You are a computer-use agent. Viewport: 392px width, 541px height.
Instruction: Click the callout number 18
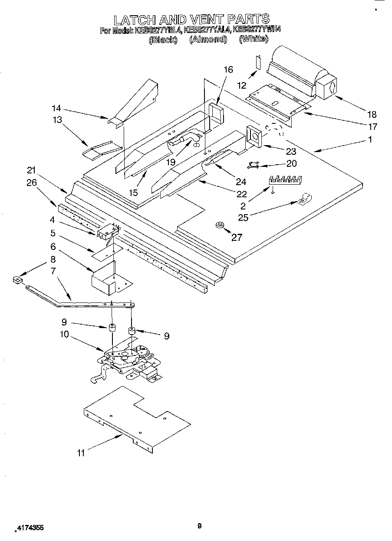(x=371, y=114)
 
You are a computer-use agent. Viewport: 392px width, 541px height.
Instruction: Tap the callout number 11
(x=81, y=453)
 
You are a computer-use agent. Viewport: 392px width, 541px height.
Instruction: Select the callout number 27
(x=237, y=237)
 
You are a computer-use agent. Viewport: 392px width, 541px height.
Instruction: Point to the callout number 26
(x=31, y=183)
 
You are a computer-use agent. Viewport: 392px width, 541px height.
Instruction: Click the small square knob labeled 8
(x=17, y=280)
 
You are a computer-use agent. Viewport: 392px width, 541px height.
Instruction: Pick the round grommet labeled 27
(x=219, y=225)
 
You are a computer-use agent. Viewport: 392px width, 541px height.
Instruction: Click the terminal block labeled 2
(x=286, y=179)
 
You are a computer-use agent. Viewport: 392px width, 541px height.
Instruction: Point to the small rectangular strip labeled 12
(x=257, y=62)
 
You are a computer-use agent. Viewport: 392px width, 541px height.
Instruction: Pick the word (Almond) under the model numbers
(x=208, y=39)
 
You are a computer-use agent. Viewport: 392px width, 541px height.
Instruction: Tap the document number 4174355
(x=30, y=528)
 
